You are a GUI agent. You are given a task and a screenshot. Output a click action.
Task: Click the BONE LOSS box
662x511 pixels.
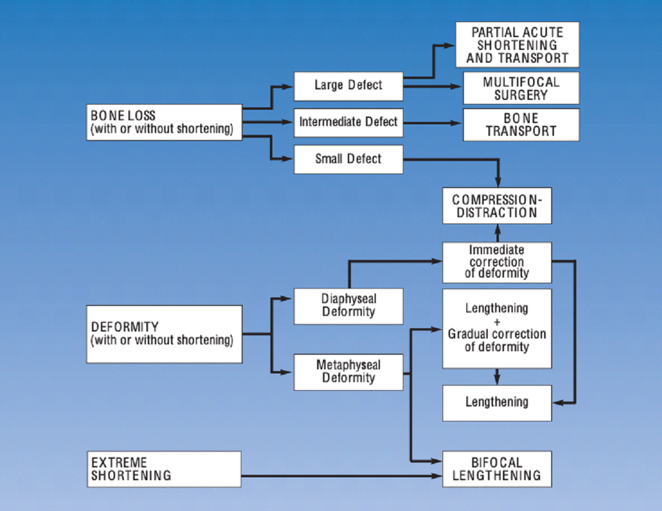(164, 122)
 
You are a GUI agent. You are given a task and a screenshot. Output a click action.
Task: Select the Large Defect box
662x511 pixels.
(348, 86)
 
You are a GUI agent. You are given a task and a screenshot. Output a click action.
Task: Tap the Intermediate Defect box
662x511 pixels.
(348, 123)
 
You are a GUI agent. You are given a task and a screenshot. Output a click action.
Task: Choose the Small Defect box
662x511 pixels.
(348, 159)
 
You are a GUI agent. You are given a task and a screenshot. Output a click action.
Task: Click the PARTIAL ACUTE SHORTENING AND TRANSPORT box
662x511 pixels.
(517, 45)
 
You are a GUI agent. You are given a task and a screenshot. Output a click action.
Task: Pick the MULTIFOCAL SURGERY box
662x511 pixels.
(521, 88)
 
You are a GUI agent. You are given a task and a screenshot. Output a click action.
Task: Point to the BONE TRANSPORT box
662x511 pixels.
(521, 124)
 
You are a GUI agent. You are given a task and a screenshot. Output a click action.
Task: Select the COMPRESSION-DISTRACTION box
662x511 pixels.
(496, 206)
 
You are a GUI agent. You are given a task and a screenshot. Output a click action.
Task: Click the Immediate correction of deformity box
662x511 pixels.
(496, 261)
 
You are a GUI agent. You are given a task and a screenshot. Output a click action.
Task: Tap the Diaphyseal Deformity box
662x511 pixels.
(348, 306)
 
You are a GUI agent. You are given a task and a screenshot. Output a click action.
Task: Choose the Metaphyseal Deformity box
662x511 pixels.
(348, 372)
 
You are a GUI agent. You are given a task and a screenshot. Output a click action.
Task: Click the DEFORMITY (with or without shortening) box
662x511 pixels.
(164, 334)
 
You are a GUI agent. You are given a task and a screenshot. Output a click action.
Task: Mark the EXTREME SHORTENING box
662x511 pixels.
(164, 469)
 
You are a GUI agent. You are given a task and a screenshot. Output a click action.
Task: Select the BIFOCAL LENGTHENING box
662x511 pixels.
(496, 469)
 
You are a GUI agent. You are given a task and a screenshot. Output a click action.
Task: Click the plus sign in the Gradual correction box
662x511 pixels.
(496, 322)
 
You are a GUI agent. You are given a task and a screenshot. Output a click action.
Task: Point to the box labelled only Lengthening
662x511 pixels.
(496, 402)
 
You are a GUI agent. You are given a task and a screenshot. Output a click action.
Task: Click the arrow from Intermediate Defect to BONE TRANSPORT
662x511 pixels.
(433, 123)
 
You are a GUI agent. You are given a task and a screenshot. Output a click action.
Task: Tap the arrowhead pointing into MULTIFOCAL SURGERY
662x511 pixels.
(457, 87)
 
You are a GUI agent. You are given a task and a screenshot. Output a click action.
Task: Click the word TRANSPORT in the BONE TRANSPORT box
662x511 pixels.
(521, 131)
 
